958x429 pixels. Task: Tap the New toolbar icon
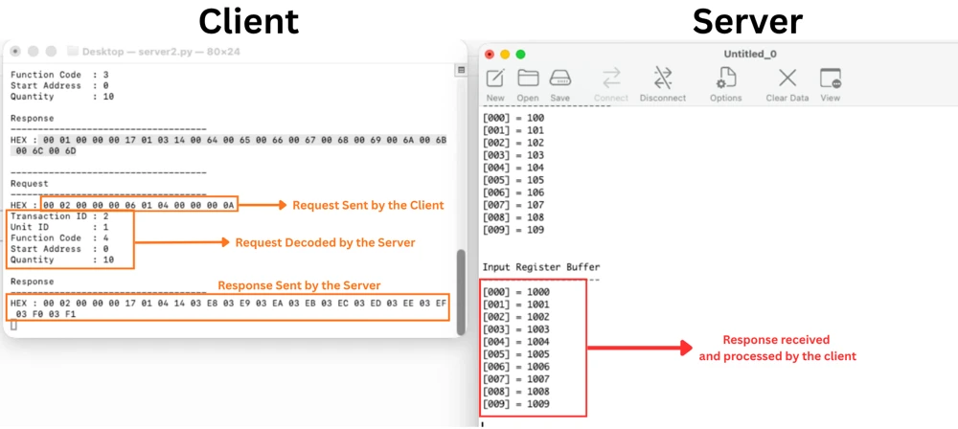(x=495, y=79)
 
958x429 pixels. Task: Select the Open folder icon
(x=528, y=78)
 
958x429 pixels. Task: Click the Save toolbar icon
(x=560, y=79)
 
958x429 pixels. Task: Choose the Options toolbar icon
(x=726, y=79)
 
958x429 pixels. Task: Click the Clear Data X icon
(x=787, y=79)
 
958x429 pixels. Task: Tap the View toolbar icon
(x=831, y=79)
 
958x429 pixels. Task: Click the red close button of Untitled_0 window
(x=490, y=55)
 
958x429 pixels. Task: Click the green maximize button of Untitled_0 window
(x=520, y=55)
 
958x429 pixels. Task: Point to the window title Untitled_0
(x=750, y=55)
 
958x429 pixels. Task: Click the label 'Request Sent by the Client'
(x=369, y=205)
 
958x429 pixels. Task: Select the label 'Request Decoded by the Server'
(x=325, y=242)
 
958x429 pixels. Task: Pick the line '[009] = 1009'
(x=516, y=404)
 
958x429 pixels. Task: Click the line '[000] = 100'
(x=513, y=118)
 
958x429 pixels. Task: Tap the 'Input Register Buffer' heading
(x=541, y=267)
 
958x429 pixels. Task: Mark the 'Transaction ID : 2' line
(x=59, y=216)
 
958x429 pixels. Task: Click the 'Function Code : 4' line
(x=59, y=238)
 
